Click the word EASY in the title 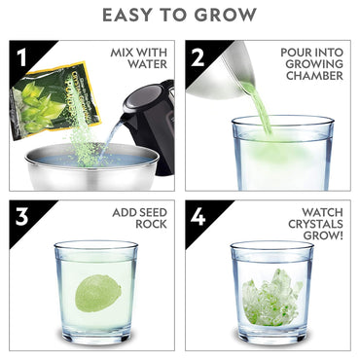coord(131,15)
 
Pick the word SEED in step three coord(141,211)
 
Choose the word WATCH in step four coord(322,211)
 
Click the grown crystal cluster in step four coord(270,296)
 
